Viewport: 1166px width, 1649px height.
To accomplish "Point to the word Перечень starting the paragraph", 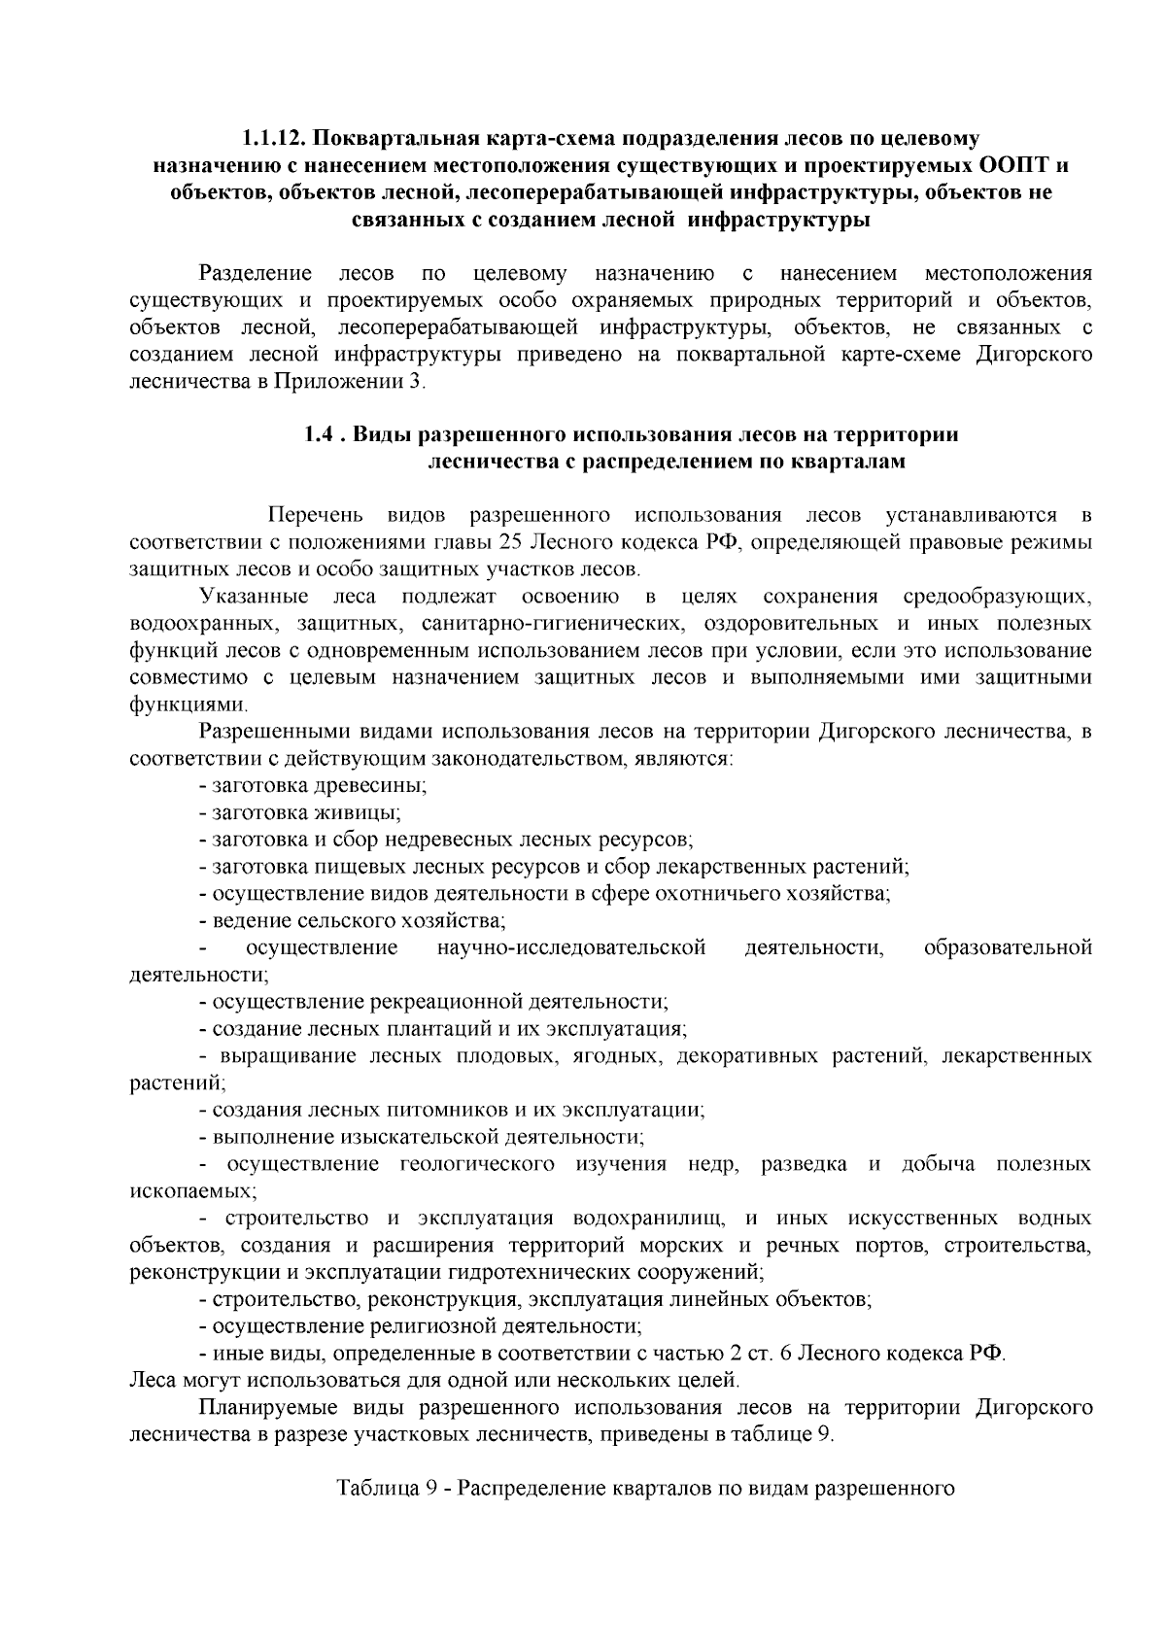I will [316, 513].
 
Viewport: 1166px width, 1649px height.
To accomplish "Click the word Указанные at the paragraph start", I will [253, 595].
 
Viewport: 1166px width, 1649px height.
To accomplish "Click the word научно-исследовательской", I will [571, 946].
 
